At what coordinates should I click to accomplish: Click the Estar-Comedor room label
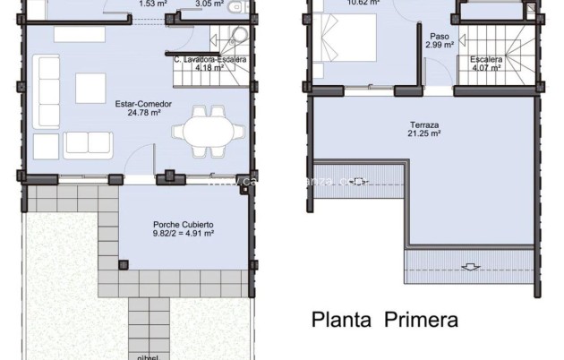[x=137, y=104]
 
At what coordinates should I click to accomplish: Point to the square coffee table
[x=90, y=88]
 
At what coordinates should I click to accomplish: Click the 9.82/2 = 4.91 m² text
[x=183, y=234]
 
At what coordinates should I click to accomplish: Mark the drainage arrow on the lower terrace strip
[x=469, y=266]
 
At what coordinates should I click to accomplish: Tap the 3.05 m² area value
[x=209, y=4]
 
